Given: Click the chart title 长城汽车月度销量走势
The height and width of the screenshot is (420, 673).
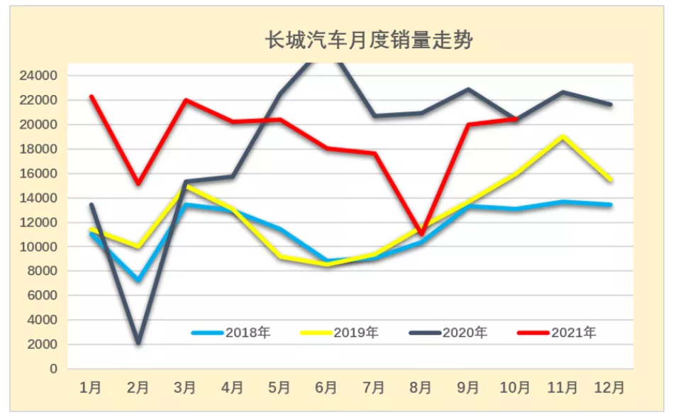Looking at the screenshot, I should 369,40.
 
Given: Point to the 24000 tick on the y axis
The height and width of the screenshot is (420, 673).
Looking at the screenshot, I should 43,75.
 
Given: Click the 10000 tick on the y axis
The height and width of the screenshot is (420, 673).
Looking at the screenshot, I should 43,247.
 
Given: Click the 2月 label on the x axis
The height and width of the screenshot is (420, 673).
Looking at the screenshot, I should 138,387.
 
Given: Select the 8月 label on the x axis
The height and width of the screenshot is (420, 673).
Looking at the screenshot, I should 421,387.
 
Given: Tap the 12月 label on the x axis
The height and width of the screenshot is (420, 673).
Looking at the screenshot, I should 610,387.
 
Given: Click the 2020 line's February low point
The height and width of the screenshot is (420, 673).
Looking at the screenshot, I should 138,343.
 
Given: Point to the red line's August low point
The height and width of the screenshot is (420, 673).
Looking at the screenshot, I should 421,233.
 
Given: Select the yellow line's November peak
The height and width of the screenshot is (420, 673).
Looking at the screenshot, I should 563,136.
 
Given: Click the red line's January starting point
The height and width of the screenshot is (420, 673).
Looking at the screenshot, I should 91,96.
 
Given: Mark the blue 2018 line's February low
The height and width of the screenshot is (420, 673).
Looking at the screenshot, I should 138,280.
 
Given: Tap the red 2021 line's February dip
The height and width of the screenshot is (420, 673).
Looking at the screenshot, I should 138,183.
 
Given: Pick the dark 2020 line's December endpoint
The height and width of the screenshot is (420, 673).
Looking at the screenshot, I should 611,104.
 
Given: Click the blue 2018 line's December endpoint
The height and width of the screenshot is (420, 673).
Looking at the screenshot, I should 611,204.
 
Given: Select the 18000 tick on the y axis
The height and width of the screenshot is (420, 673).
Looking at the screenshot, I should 43,149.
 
